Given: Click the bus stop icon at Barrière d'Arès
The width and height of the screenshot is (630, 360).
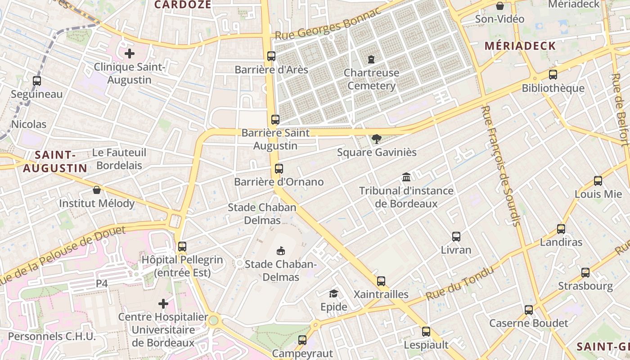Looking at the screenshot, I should [x=271, y=56].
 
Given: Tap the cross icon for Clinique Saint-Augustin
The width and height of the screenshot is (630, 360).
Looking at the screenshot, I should [x=130, y=54].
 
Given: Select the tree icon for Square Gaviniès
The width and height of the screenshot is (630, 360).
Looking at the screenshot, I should [x=376, y=139].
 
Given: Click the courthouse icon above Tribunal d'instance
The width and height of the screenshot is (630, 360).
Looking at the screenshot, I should [x=406, y=177].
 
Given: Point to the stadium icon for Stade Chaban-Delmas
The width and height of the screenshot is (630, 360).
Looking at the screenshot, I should [x=281, y=250].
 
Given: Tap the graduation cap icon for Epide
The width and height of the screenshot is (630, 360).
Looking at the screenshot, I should [x=333, y=293].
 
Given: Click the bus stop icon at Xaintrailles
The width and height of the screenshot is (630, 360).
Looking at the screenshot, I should [x=381, y=281].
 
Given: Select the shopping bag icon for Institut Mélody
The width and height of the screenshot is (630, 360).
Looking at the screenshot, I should [x=96, y=190].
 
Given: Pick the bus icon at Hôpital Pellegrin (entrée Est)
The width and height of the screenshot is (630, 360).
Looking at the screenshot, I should [x=182, y=246].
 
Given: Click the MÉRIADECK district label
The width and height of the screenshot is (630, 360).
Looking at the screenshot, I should [x=520, y=46].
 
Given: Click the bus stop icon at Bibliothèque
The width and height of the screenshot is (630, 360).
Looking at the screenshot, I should [x=553, y=74].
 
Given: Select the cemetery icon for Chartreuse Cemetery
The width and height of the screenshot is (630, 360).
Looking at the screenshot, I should [x=371, y=59].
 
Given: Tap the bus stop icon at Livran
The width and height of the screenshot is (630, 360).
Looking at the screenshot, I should [x=456, y=236].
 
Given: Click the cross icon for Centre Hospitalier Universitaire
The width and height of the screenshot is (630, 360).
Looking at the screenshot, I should [x=163, y=304].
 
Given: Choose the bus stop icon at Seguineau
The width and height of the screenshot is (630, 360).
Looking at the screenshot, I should [x=37, y=81].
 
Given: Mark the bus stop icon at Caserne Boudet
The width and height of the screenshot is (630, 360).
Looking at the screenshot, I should [x=528, y=310].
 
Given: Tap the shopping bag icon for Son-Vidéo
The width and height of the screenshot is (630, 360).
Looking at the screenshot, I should [x=499, y=6].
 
